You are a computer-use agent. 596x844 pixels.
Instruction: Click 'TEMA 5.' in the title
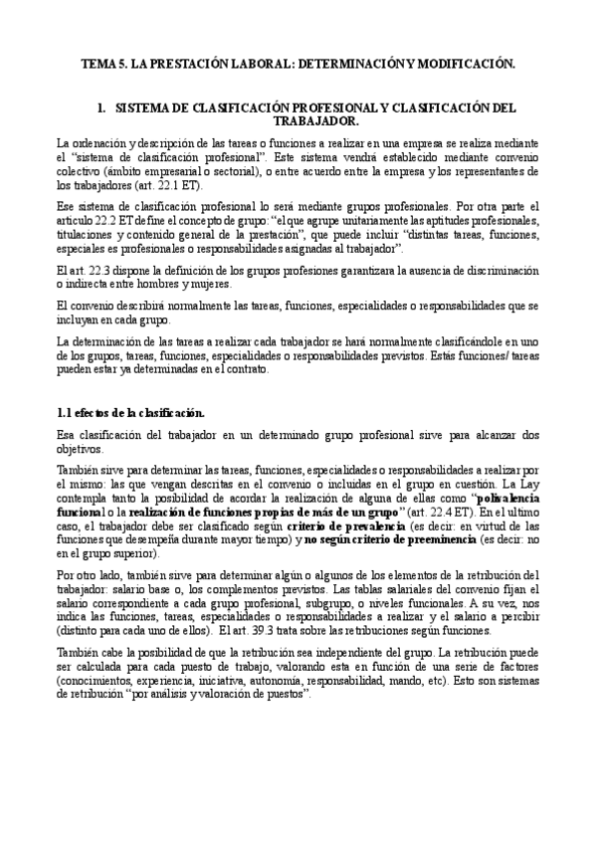click(x=102, y=64)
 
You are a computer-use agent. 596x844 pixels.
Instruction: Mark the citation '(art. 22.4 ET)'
click(x=421, y=509)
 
